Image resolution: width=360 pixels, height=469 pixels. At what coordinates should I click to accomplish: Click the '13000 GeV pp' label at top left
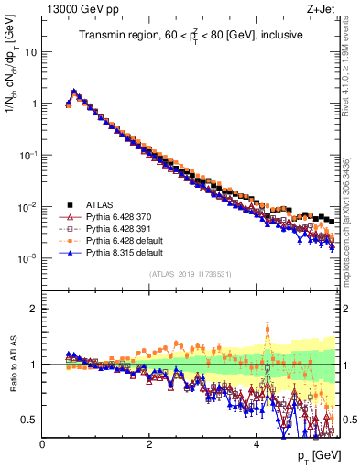(x=74, y=9)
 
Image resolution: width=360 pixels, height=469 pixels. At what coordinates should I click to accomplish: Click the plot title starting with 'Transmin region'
(x=191, y=36)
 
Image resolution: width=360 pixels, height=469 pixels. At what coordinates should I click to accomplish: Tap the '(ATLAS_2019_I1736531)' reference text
(x=191, y=274)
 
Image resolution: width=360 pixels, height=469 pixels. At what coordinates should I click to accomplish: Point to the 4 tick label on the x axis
(x=256, y=442)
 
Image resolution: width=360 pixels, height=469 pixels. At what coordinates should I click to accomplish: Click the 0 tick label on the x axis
(x=42, y=442)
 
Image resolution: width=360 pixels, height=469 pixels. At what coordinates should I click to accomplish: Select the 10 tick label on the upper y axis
(x=30, y=52)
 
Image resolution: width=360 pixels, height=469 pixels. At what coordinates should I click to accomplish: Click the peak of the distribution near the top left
(x=73, y=92)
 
